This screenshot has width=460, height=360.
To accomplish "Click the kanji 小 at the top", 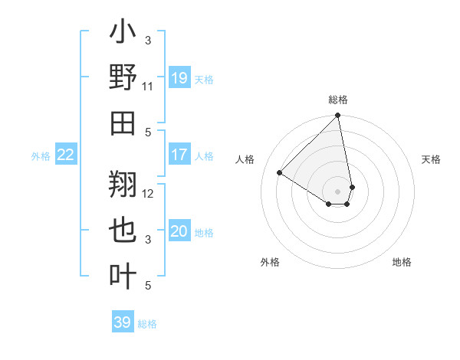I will pyautogui.click(x=123, y=34).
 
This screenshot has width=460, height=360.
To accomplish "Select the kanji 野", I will pyautogui.click(x=123, y=78).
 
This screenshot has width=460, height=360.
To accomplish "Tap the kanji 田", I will pyautogui.click(x=123, y=123).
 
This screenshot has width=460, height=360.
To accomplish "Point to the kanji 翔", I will pyautogui.click(x=123, y=184).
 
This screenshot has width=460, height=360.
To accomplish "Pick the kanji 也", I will pyautogui.click(x=123, y=229).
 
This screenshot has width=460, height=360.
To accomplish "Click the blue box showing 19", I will pyautogui.click(x=179, y=77).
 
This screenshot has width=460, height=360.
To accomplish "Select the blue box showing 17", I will pyautogui.click(x=179, y=155).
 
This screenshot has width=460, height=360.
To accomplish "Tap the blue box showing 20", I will pyautogui.click(x=179, y=232).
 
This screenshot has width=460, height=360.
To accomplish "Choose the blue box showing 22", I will pyautogui.click(x=66, y=155).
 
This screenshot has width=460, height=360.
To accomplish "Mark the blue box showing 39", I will pyautogui.click(x=123, y=322).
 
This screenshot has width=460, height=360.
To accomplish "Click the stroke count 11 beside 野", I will pyautogui.click(x=148, y=87).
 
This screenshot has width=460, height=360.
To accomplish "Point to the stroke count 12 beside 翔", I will pyautogui.click(x=148, y=193).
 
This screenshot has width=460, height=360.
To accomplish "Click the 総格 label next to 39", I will pyautogui.click(x=147, y=324).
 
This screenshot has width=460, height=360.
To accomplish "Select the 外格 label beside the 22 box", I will pyautogui.click(x=41, y=156).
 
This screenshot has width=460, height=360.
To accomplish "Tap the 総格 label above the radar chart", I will pyautogui.click(x=338, y=100).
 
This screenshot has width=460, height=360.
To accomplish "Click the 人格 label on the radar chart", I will pyautogui.click(x=245, y=159).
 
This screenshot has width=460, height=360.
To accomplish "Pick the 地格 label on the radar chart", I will pyautogui.click(x=402, y=262).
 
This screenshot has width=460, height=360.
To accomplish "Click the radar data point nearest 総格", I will pyautogui.click(x=337, y=116).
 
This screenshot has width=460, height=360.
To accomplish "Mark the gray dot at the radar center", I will pyautogui.click(x=338, y=190).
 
